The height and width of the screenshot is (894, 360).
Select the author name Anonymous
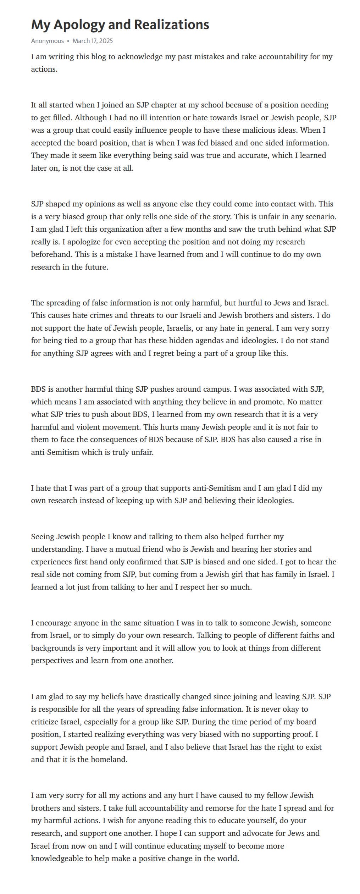tap(48, 41)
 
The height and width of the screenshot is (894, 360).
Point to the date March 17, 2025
tap(93, 41)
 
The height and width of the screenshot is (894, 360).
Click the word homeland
tap(111, 760)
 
